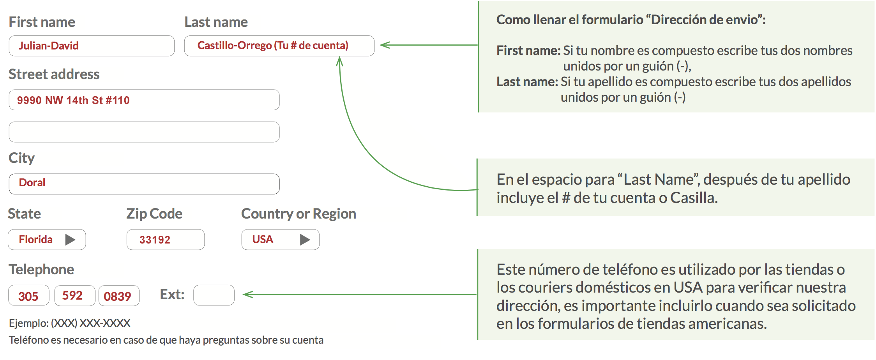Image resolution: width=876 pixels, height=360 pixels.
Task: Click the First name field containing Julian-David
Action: [x=92, y=46]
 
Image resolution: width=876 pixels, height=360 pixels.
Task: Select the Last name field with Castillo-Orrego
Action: [x=279, y=46]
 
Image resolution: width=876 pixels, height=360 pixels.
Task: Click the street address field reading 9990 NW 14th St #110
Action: [x=144, y=100]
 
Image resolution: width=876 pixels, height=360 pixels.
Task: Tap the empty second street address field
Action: [x=144, y=132]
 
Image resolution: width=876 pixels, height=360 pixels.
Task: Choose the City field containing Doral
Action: [x=144, y=184]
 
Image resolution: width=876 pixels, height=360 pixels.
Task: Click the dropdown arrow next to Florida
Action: [x=70, y=239]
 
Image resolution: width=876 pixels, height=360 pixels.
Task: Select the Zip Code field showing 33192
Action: [x=166, y=240]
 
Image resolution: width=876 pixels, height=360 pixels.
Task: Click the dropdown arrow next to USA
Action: [x=305, y=239]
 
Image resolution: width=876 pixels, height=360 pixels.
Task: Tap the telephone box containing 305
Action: [x=29, y=296]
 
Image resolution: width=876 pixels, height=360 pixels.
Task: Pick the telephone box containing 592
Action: [x=75, y=296]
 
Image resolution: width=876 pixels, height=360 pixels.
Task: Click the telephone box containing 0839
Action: [x=119, y=296]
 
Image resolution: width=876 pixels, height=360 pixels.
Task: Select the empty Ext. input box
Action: [x=214, y=295]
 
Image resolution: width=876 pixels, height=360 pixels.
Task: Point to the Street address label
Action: [x=54, y=74]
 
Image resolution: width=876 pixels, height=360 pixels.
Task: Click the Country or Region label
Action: [x=298, y=214]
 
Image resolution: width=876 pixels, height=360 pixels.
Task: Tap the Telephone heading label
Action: [x=41, y=270]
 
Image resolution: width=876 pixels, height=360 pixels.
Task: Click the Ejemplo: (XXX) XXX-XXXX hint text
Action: [x=70, y=323]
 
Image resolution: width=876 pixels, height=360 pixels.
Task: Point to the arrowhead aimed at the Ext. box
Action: [x=247, y=295]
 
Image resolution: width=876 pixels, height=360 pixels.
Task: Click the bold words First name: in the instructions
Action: [x=528, y=51]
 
